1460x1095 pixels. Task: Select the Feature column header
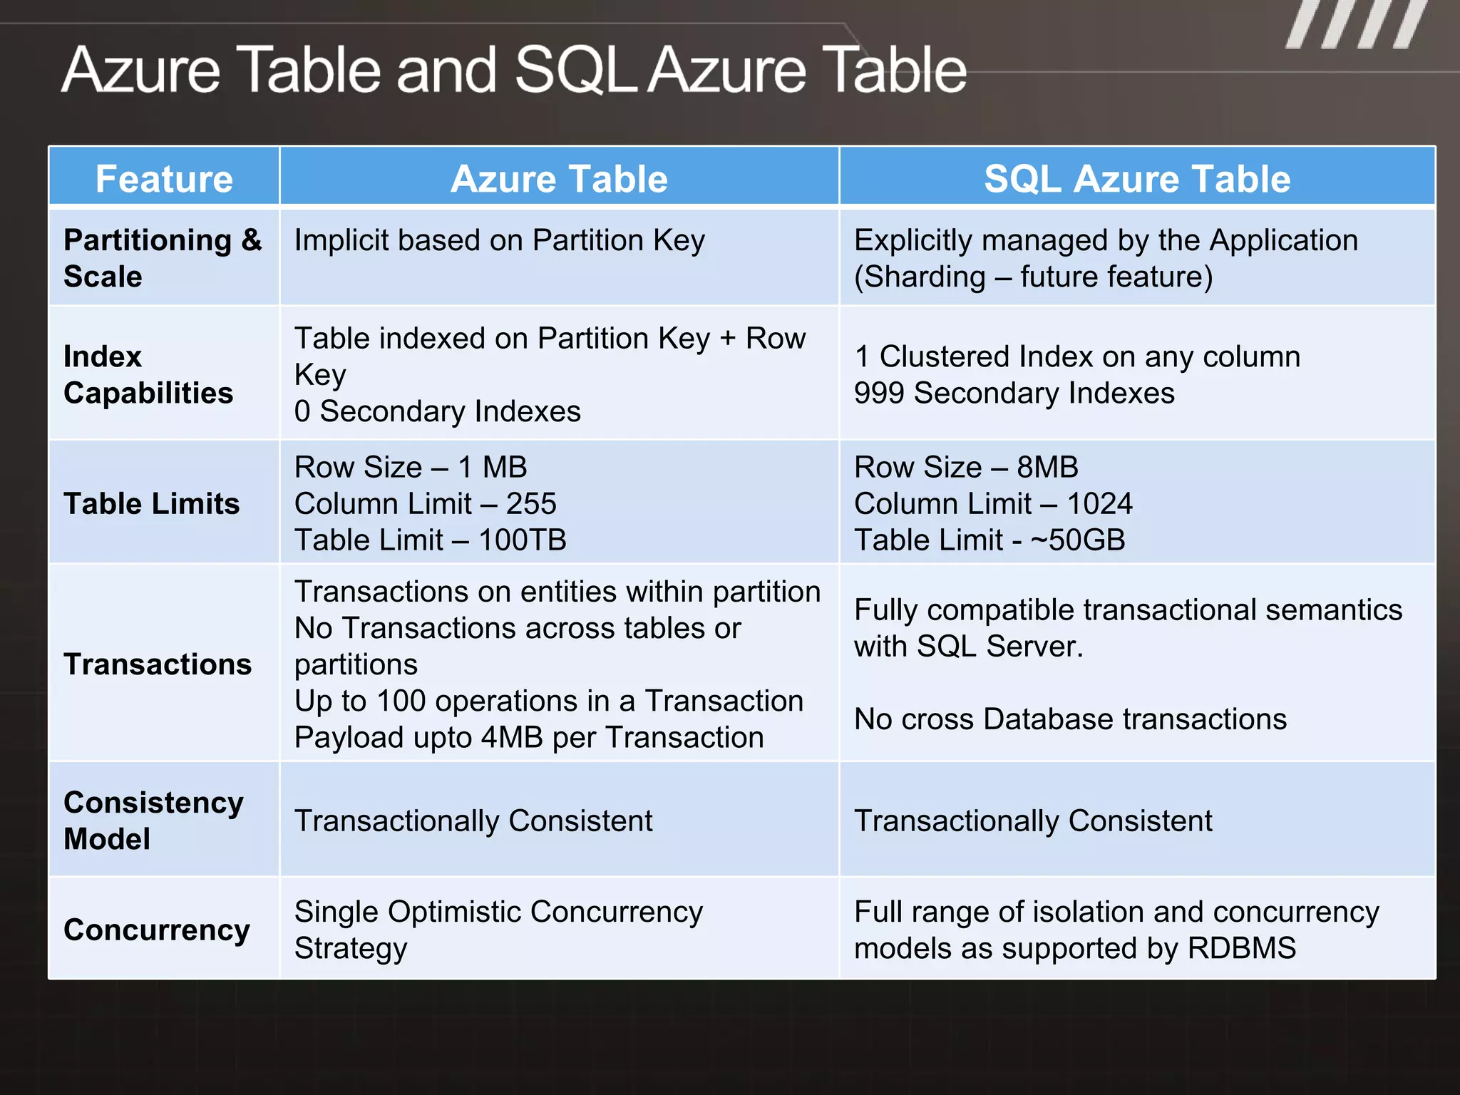click(164, 178)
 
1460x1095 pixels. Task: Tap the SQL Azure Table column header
click(1136, 178)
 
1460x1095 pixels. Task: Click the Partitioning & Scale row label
click(163, 258)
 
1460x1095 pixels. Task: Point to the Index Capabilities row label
click(148, 374)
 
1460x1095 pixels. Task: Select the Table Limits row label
click(151, 503)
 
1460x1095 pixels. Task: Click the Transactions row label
click(158, 664)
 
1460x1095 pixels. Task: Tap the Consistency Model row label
click(153, 820)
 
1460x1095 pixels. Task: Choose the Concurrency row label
click(157, 930)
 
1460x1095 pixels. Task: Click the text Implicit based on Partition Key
click(499, 241)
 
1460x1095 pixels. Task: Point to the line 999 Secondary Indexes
click(1014, 393)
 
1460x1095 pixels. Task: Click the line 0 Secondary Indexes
click(437, 411)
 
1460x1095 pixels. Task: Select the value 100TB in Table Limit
click(522, 540)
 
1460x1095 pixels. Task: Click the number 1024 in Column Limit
click(1099, 504)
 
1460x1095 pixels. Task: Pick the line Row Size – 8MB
click(966, 467)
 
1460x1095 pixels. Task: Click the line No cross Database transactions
click(1070, 719)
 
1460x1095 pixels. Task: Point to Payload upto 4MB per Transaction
click(528, 737)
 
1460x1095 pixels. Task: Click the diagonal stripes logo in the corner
click(1357, 24)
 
